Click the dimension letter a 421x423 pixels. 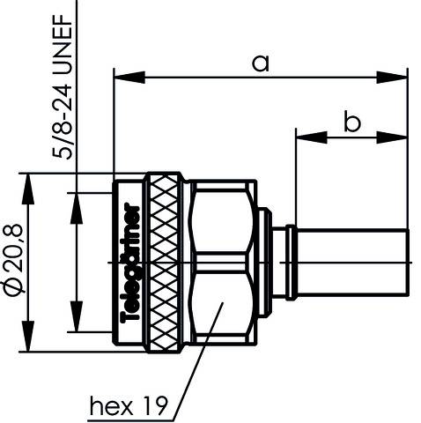point(260,63)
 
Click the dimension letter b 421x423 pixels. point(351,122)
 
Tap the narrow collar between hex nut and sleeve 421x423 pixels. point(278,263)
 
